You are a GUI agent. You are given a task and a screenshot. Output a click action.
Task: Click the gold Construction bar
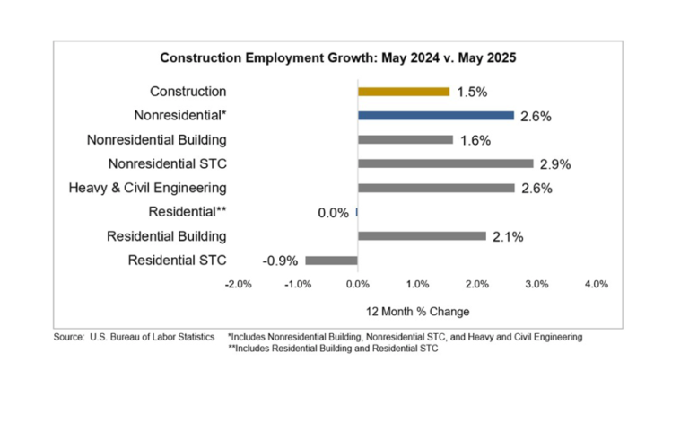click(x=404, y=91)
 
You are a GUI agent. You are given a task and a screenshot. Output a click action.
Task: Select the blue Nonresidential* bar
click(x=436, y=115)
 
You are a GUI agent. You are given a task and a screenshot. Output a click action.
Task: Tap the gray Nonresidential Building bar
click(x=406, y=139)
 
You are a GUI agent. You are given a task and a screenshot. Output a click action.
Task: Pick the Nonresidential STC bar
click(x=445, y=163)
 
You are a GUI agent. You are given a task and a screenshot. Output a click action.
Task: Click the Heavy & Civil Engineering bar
click(x=436, y=188)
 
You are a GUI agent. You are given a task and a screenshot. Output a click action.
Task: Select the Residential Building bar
click(x=422, y=236)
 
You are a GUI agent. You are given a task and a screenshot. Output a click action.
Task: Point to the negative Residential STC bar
click(x=331, y=261)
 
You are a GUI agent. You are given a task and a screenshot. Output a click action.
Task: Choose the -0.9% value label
click(x=280, y=261)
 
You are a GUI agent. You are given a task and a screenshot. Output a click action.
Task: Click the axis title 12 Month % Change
click(x=417, y=311)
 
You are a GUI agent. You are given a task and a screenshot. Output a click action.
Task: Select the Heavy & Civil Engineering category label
click(x=147, y=188)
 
